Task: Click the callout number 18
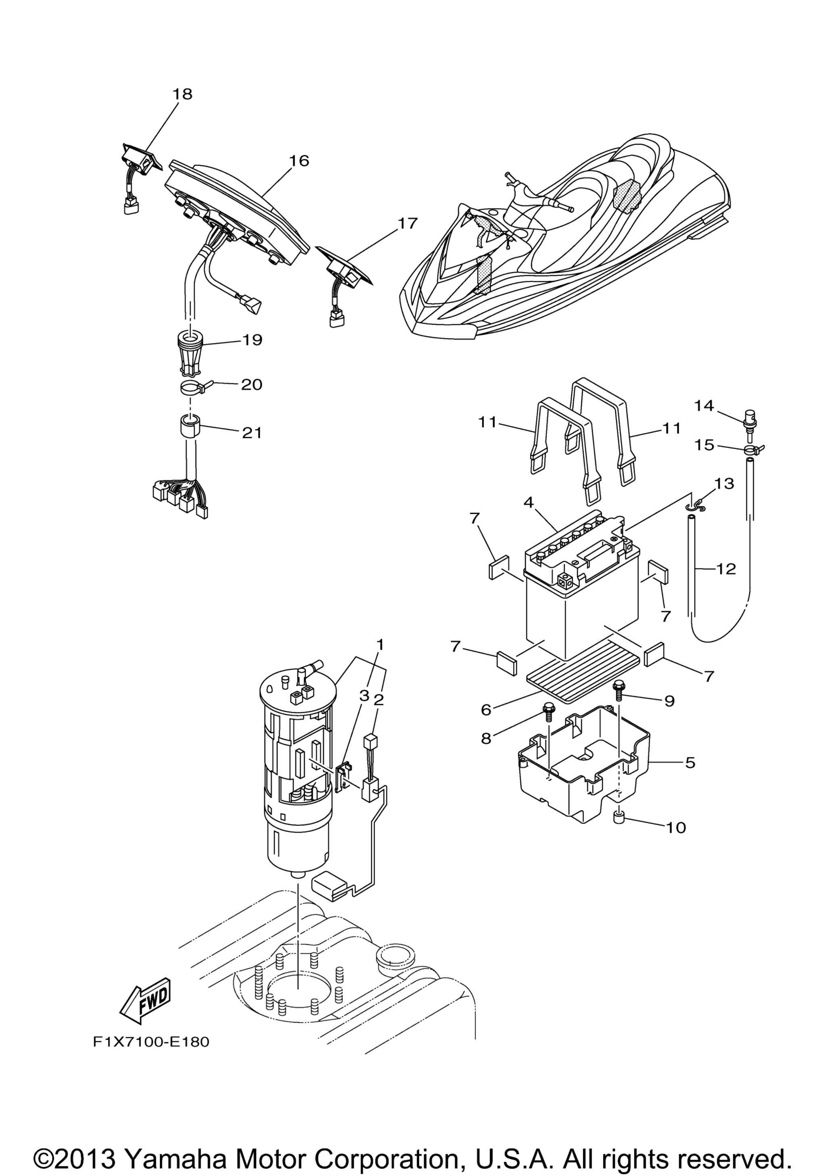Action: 182,94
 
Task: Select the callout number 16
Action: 298,161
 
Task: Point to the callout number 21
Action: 251,433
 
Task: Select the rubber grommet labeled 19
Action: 190,351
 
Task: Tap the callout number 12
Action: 726,569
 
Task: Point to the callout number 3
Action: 364,695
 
